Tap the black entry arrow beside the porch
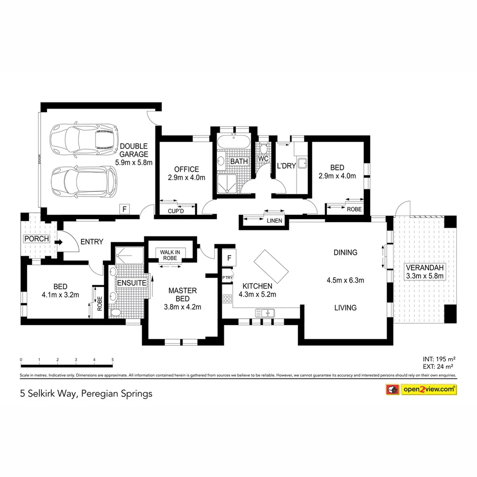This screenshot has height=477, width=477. pos(58,242)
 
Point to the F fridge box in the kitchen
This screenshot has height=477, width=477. pos(229,258)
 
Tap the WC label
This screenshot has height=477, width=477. pos(263,159)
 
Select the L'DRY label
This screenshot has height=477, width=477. pos(286,166)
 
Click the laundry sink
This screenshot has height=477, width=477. pos(303,163)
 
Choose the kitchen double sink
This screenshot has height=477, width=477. pos(265,313)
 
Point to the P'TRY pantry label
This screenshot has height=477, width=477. pos(227,277)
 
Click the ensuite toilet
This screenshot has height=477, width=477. pos(116,312)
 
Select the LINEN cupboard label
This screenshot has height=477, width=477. pos(274,221)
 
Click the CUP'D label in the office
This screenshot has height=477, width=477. pos(175,211)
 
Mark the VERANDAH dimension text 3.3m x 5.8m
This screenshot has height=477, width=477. pos(424,276)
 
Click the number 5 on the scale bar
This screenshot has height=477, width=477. pos(113,360)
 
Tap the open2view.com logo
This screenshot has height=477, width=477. pos(428,389)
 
